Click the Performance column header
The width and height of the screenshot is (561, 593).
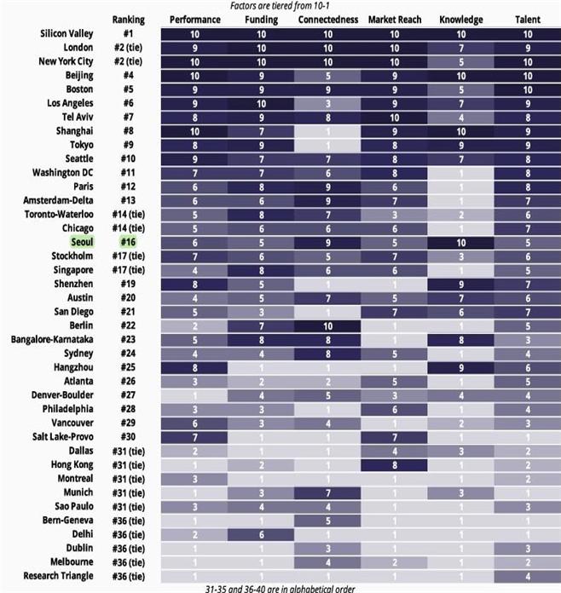tap(195, 19)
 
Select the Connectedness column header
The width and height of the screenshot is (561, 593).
tap(327, 19)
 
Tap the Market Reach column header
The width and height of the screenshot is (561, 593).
tap(394, 19)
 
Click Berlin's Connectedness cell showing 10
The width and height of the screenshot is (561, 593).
tap(327, 325)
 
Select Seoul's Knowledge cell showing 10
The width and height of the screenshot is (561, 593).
tap(460, 242)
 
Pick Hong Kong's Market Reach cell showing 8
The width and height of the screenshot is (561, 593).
tap(394, 464)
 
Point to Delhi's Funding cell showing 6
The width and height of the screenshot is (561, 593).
tap(261, 534)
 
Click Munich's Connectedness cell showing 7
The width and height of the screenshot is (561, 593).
tap(327, 492)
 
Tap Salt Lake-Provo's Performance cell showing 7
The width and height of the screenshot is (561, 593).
tap(195, 436)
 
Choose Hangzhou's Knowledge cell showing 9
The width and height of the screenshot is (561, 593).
tap(460, 367)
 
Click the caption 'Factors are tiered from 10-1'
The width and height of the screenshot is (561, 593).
tap(282, 6)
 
